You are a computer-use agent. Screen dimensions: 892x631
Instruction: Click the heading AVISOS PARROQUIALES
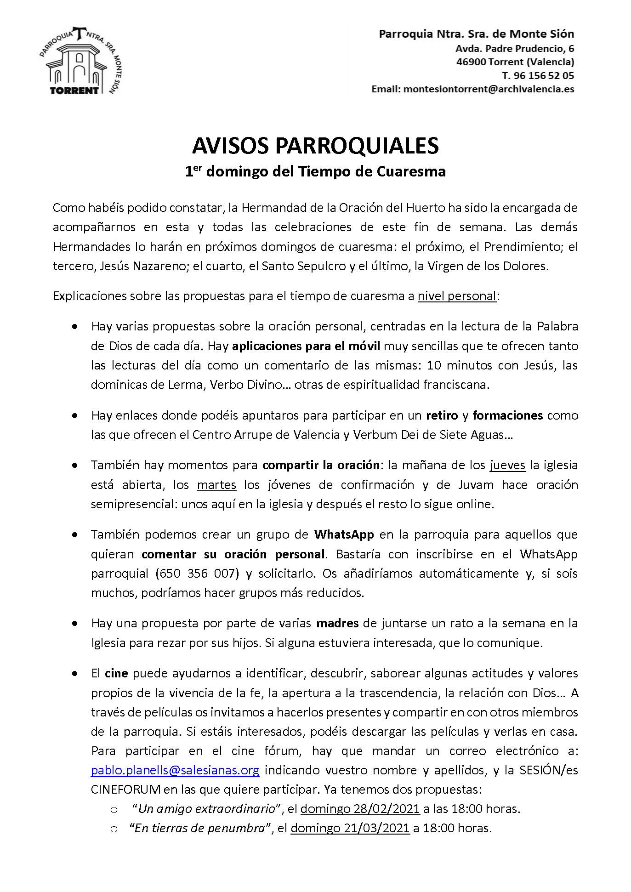pyautogui.click(x=315, y=146)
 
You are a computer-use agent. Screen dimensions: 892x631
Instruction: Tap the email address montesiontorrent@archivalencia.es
pyautogui.click(x=489, y=89)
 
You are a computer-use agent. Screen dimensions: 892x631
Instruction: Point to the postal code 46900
pyautogui.click(x=471, y=62)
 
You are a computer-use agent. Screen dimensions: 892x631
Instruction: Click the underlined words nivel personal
pyautogui.click(x=457, y=295)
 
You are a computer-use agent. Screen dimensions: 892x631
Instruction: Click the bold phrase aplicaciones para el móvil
pyautogui.click(x=306, y=346)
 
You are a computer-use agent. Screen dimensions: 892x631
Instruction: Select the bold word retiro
pyautogui.click(x=442, y=415)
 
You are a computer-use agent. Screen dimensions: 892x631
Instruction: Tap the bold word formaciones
pyautogui.click(x=507, y=415)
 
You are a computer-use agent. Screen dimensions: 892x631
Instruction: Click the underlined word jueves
pyautogui.click(x=507, y=465)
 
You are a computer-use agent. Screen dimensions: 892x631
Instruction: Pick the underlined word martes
pyautogui.click(x=216, y=484)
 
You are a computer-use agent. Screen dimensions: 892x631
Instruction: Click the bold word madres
pyautogui.click(x=337, y=623)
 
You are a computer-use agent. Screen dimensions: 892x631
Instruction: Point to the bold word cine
pyautogui.click(x=116, y=673)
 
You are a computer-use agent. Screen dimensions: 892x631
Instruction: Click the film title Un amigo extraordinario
pyautogui.click(x=210, y=808)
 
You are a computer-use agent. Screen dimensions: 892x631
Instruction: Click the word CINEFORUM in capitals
pyautogui.click(x=126, y=790)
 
